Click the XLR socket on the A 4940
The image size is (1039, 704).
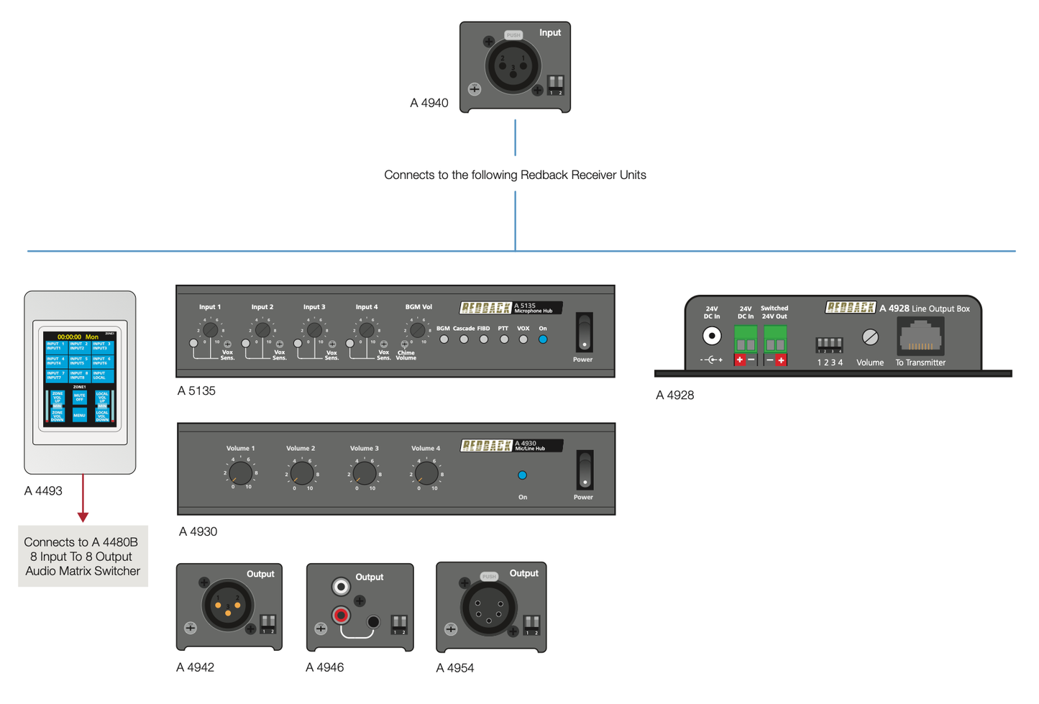click(x=513, y=67)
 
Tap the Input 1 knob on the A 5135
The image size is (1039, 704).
click(x=210, y=330)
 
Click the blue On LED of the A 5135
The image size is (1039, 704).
click(x=543, y=339)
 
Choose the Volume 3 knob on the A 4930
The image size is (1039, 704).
click(x=365, y=473)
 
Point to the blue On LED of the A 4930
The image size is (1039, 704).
click(x=523, y=475)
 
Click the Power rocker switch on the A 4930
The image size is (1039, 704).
click(x=585, y=470)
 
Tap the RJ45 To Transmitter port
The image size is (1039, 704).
click(x=920, y=337)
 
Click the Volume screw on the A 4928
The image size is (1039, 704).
click(x=870, y=337)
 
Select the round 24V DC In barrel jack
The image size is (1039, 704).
click(x=712, y=336)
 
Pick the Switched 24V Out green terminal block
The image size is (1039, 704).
click(x=774, y=339)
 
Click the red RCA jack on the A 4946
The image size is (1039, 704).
click(x=341, y=615)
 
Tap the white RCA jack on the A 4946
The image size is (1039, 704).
click(x=341, y=587)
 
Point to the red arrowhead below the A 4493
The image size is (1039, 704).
click(x=83, y=516)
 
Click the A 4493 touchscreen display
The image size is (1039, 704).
click(x=80, y=379)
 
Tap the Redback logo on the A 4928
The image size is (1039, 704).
click(x=850, y=308)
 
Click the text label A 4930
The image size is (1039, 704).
click(x=198, y=531)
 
